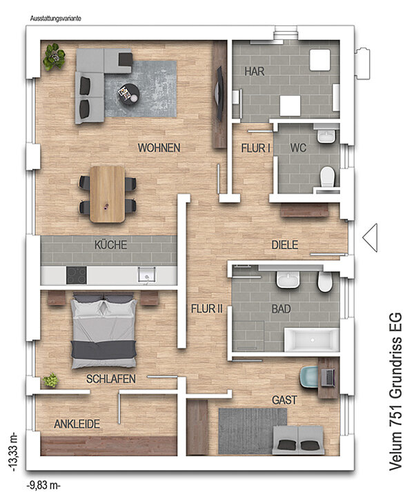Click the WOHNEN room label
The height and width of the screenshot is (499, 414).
point(159,148)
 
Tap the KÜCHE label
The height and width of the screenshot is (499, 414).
point(110,245)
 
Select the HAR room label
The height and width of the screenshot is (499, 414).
point(255,71)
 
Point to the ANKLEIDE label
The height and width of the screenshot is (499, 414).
point(77,424)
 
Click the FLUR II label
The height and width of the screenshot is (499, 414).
point(207,309)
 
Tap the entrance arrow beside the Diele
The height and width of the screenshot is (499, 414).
point(370,237)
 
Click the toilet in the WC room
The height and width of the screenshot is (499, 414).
point(328,177)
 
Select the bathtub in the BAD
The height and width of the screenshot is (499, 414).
point(312,340)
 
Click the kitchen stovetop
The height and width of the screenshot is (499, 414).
point(77,275)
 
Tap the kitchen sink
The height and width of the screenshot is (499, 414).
point(147,275)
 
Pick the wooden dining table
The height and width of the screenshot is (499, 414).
point(108,194)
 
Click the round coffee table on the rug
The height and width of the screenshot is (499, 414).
point(129,94)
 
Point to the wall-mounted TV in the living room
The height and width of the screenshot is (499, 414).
point(218,94)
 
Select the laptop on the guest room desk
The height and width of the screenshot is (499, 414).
point(328,378)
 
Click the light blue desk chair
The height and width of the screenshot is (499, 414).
point(308,378)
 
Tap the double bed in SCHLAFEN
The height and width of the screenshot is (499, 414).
point(103,331)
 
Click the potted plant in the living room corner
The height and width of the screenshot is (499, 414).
point(55,57)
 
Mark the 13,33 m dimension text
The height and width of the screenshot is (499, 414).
point(14,451)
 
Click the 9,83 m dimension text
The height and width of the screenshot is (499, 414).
point(43,486)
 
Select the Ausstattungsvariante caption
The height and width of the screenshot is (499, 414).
point(56,19)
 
